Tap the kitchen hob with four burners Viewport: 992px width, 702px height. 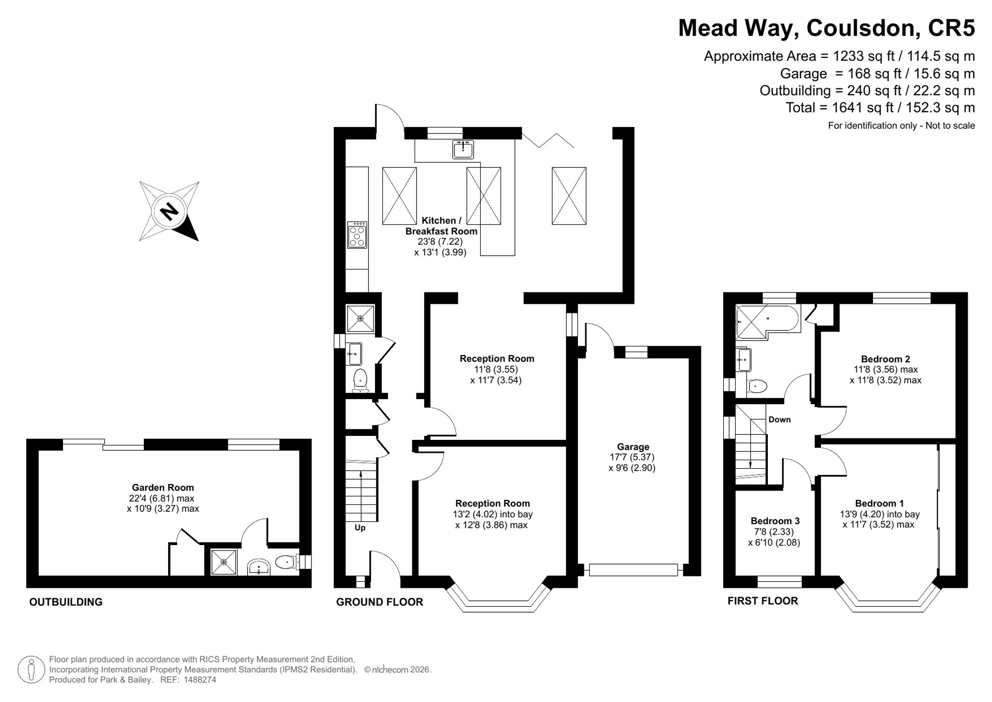click(357, 235)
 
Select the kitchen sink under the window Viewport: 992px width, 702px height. click(463, 149)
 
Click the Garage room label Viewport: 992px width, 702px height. click(633, 447)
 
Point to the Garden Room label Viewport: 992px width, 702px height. click(163, 488)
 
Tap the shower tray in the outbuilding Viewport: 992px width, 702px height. click(224, 562)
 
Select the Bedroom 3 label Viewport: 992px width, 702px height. click(775, 521)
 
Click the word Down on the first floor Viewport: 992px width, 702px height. click(780, 420)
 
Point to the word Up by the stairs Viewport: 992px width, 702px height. click(360, 528)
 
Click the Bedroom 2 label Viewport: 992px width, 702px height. click(885, 359)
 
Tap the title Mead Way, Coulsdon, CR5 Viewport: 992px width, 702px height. click(826, 28)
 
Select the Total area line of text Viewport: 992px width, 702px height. click(880, 108)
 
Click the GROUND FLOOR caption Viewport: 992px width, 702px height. click(379, 602)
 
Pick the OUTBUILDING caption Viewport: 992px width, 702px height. click(66, 602)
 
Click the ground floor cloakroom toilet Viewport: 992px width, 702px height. click(360, 380)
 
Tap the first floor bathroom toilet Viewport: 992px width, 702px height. click(757, 386)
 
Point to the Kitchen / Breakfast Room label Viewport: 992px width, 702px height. click(441, 225)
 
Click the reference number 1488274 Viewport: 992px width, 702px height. click(200, 680)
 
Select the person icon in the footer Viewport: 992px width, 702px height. click(31, 669)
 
